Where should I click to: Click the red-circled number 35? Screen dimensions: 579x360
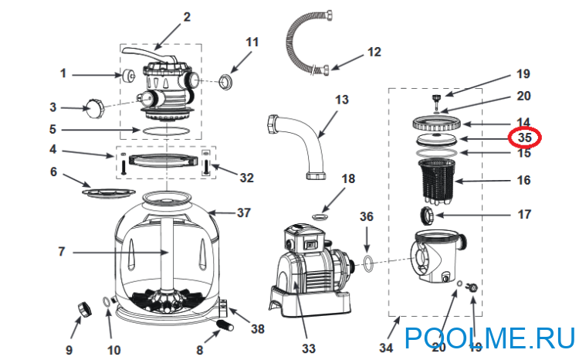coord(524,138)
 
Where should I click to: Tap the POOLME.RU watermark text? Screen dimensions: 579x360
coord(489,338)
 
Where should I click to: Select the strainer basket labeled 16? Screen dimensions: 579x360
coord(436,182)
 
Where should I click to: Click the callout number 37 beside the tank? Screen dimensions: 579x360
coord(244,212)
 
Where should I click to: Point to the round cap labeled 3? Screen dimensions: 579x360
coord(93,108)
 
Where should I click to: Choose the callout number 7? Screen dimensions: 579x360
coord(61,252)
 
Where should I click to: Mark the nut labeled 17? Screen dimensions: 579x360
coord(427,216)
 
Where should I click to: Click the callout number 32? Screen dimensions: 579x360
coord(247,178)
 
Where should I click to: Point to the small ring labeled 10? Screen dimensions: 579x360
coord(105,301)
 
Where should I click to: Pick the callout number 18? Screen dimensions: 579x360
coord(348,178)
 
